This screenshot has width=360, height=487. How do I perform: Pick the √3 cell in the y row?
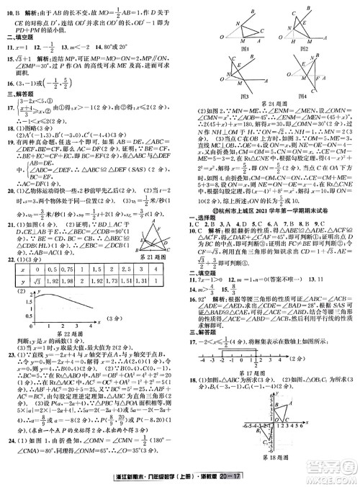(32, 277)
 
